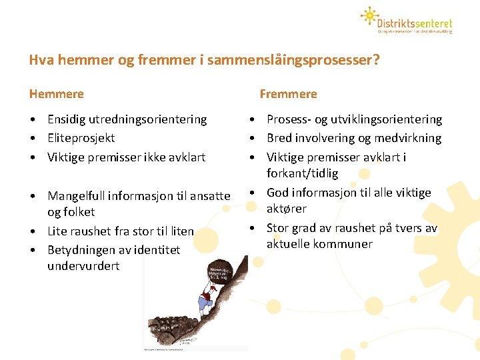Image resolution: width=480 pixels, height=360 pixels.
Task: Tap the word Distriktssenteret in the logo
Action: pyautogui.click(x=415, y=19)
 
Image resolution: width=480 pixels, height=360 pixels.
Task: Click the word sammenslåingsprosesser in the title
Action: pyautogui.click(x=294, y=61)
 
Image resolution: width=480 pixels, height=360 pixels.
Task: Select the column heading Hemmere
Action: pyautogui.click(x=57, y=94)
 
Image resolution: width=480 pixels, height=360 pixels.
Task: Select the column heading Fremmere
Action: pyautogui.click(x=288, y=94)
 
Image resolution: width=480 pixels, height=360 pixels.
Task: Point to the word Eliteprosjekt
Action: pyautogui.click(x=81, y=138)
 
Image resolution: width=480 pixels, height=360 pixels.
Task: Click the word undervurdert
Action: pyautogui.click(x=83, y=266)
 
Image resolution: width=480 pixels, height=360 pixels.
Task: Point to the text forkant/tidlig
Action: pyautogui.click(x=302, y=173)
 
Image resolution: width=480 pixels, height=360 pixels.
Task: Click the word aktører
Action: pyautogui.click(x=287, y=209)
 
